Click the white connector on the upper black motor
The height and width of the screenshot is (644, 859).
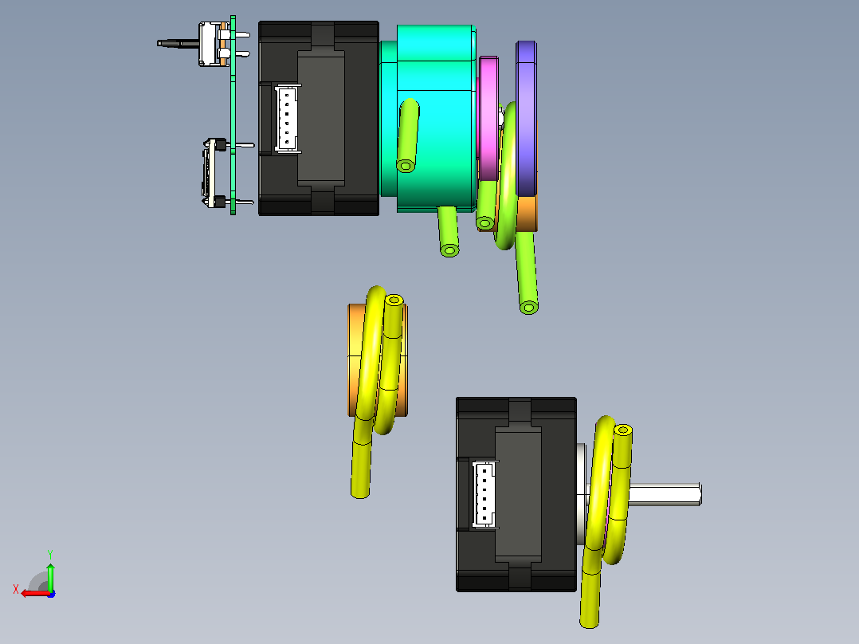pyautogui.click(x=287, y=119)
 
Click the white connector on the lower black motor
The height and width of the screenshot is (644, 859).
pyautogui.click(x=485, y=494)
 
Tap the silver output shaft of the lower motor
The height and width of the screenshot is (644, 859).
pyautogui.click(x=665, y=494)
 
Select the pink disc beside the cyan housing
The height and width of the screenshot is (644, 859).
pyautogui.click(x=488, y=119)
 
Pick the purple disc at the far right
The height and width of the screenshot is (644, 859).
pyautogui.click(x=526, y=119)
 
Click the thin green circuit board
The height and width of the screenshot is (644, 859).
pyautogui.click(x=233, y=115)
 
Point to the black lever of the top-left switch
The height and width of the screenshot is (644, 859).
pyautogui.click(x=178, y=43)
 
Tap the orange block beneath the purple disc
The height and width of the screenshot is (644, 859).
pyautogui.click(x=527, y=214)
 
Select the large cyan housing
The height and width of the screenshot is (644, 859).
pyautogui.click(x=436, y=119)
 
